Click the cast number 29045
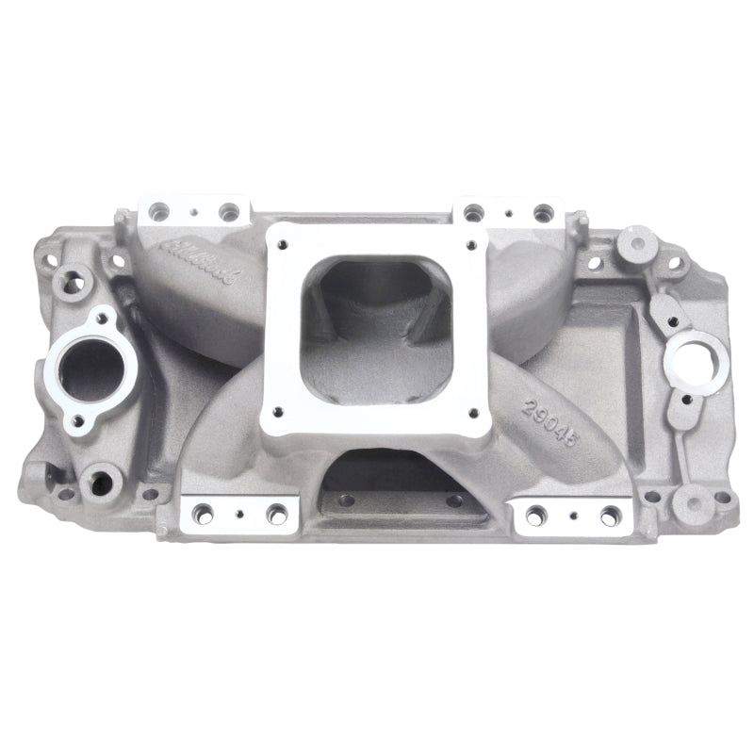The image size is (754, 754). (x=549, y=416)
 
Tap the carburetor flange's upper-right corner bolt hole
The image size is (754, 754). (x=469, y=238)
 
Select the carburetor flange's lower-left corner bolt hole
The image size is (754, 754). (x=279, y=411)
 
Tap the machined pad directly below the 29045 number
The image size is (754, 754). (x=568, y=514)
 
